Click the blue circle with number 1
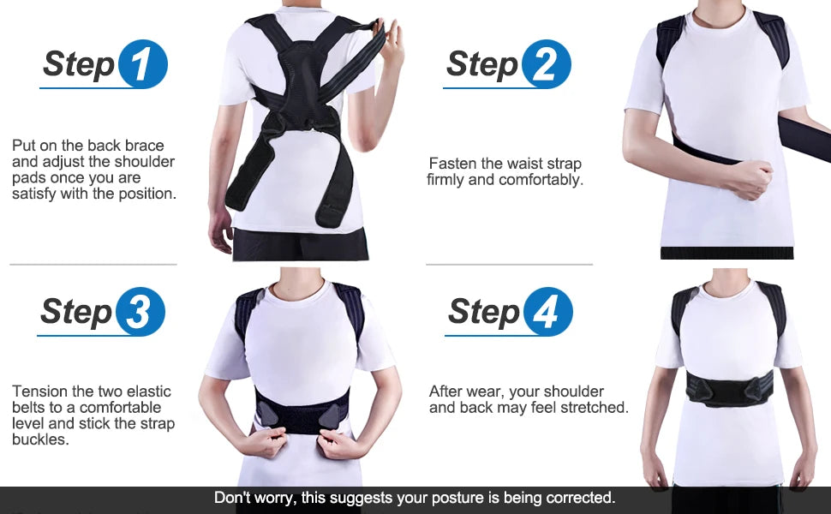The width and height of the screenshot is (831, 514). (x=143, y=65)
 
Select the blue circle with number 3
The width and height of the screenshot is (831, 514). (x=140, y=312)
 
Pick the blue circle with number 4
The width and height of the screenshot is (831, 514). (x=548, y=312)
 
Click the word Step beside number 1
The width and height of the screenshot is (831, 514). (x=78, y=64)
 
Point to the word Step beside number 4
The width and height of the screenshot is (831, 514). (x=484, y=312)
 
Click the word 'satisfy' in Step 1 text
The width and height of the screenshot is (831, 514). (x=36, y=194)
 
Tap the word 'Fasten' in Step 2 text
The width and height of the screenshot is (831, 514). (x=451, y=164)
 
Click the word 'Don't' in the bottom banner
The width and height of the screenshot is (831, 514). (x=231, y=497)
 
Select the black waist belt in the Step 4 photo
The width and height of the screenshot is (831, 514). (x=728, y=388)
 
